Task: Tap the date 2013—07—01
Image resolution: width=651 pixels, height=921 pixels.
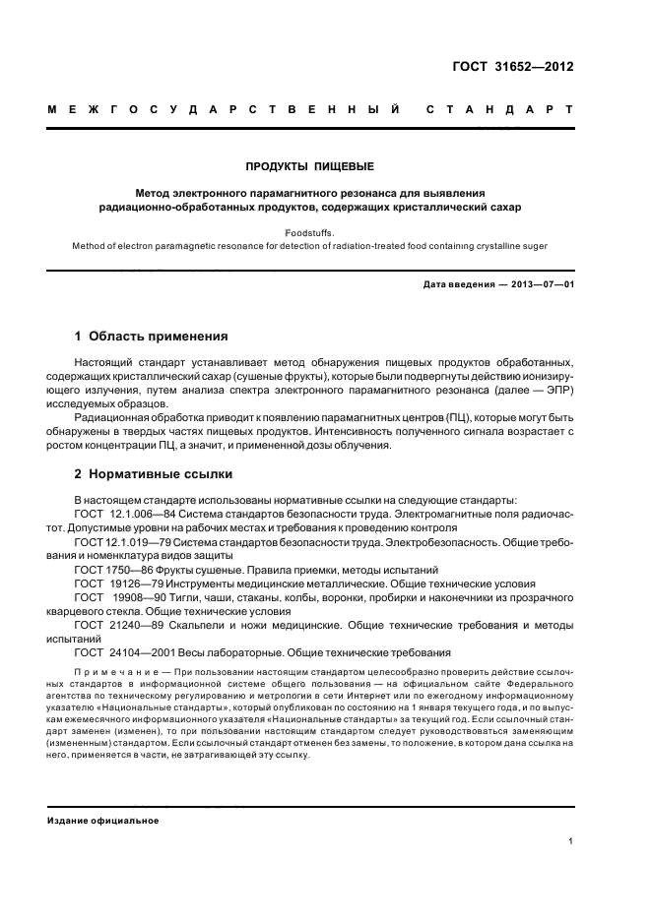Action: point(540,285)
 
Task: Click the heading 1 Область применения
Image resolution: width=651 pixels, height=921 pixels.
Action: point(152,336)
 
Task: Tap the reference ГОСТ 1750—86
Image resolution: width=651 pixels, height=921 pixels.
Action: point(114,570)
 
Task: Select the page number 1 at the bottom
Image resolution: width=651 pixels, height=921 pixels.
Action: point(571,841)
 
